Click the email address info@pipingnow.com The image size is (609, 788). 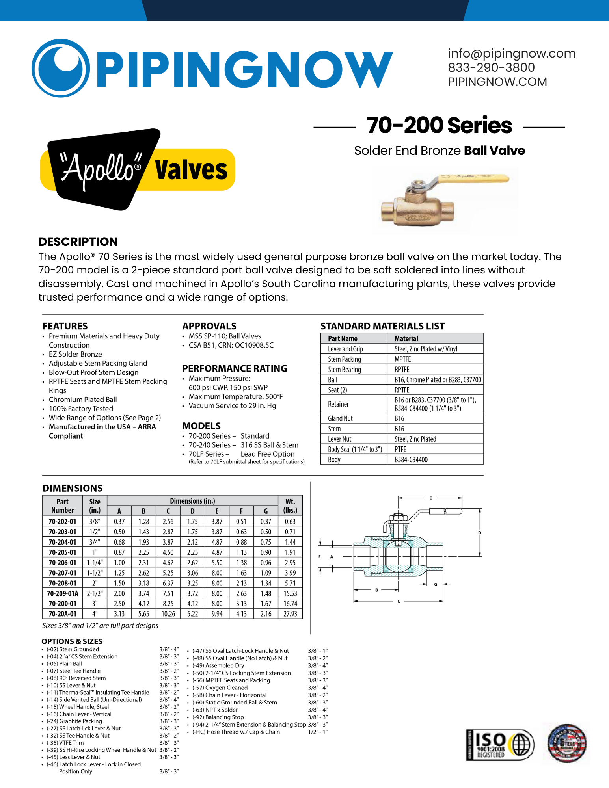pos(512,53)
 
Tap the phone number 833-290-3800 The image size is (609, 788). pos(491,67)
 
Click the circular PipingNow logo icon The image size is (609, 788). pos(61,68)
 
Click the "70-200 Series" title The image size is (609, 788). pos(439,125)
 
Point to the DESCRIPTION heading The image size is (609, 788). pos(78,242)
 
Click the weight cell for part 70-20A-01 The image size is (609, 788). pos(290,614)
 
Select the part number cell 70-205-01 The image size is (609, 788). pos(62,552)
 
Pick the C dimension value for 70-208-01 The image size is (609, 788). pos(168,583)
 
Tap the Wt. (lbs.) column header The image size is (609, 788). pos(290,506)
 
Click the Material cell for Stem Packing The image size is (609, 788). pos(402,359)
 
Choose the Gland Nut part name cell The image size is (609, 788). pos(340,418)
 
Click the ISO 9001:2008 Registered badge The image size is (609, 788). pos(499,745)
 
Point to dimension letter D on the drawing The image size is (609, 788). pos(480,533)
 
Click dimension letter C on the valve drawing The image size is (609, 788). pos(399,601)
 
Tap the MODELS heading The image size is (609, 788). pos(201,426)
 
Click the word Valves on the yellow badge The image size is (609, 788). pos(191,170)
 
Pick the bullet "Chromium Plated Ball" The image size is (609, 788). pos(83,400)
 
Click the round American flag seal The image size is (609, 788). pos(567,743)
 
